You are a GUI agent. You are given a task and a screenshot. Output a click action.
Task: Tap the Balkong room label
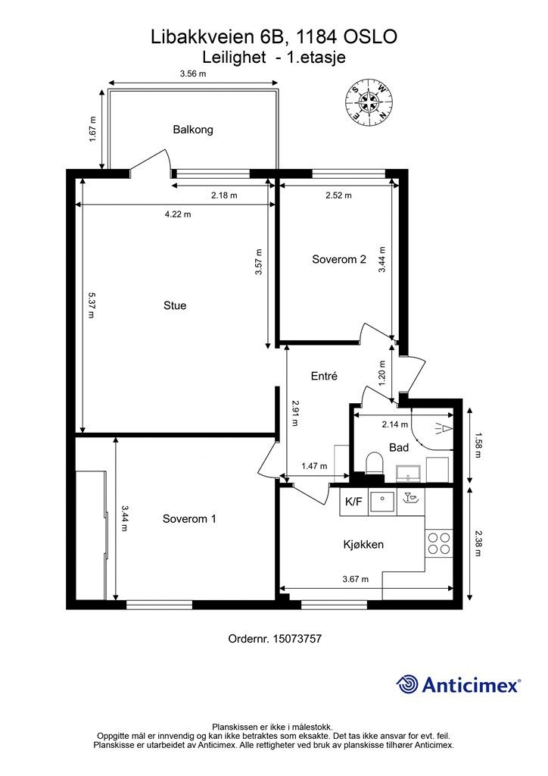coord(193,130)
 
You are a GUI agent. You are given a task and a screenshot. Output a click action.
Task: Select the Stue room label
coord(175,305)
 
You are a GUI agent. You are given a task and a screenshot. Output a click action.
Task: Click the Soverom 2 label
coord(339,259)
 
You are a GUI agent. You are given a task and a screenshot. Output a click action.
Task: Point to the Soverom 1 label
coord(189,519)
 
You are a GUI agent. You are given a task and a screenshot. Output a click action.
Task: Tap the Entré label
coord(324,376)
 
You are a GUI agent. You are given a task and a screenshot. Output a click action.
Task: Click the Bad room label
coord(399,448)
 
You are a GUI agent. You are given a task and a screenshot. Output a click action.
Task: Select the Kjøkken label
coord(363,544)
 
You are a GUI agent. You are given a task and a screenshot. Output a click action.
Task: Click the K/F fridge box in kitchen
coord(353,501)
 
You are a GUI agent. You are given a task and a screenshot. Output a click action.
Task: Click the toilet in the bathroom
coord(373,462)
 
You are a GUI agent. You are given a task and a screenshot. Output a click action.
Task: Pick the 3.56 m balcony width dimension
coord(193,74)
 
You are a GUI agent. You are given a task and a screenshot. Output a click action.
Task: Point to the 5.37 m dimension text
coord(92,305)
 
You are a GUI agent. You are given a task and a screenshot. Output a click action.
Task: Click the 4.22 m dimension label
coord(178,214)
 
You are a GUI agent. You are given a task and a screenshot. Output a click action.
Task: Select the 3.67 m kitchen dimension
coord(356,579)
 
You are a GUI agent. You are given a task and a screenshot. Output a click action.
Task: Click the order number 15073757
coord(275,639)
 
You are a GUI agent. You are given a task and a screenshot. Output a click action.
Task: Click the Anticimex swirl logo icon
coord(408,685)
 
